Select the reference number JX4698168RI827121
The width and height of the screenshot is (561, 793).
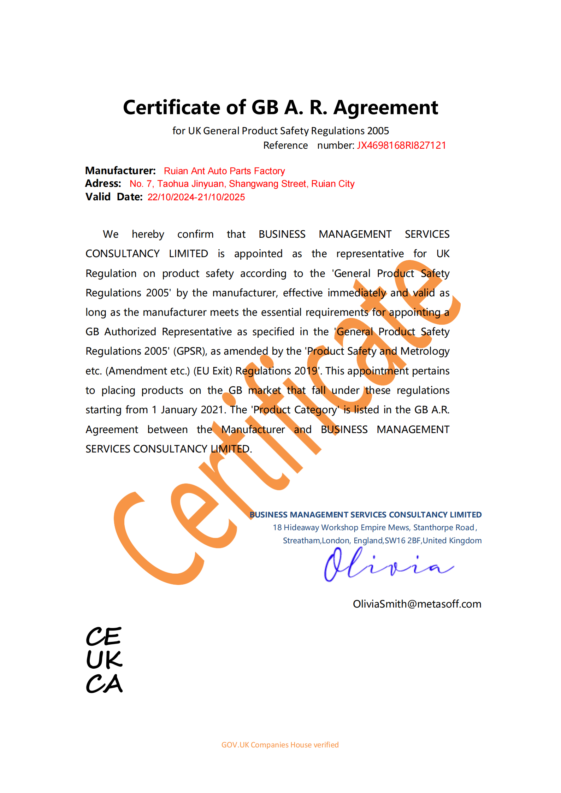point(401,146)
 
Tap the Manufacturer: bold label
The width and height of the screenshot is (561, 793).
point(120,171)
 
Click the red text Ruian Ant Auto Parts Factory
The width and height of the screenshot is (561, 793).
point(224,171)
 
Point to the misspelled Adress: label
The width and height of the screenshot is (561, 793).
point(103,184)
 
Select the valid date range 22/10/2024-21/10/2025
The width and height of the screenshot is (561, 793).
point(196,197)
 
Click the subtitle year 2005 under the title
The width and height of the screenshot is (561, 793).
point(378,131)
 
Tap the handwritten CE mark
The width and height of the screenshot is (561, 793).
point(104,637)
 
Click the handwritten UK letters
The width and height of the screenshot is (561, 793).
point(104,660)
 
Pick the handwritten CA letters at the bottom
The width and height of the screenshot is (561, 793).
point(104,684)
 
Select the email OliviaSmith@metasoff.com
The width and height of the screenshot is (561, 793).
point(417,604)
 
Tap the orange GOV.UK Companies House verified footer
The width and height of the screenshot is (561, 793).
point(280,745)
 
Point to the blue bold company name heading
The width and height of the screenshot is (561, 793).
point(365,515)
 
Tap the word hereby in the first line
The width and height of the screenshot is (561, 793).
point(148,234)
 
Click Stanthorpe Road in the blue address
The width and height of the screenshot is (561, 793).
point(443,528)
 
